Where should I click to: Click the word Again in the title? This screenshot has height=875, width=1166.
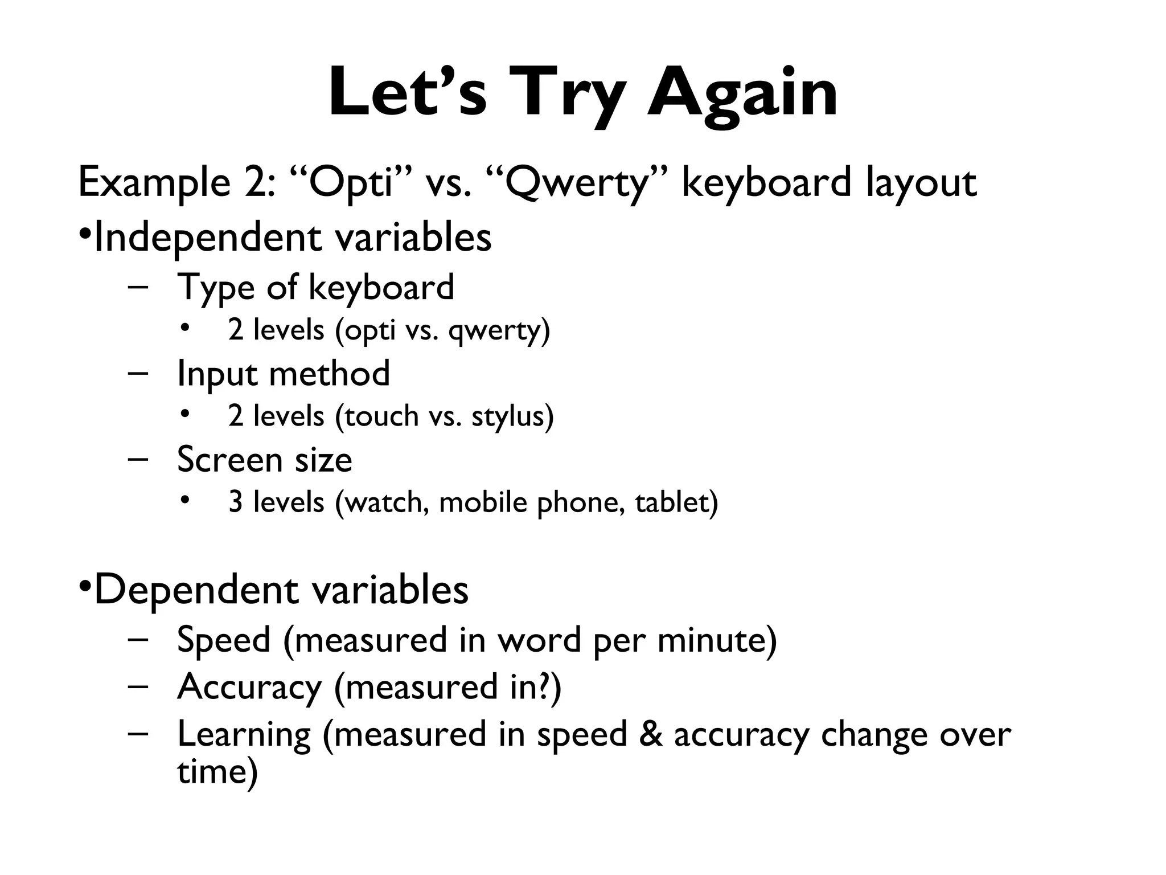pyautogui.click(x=742, y=92)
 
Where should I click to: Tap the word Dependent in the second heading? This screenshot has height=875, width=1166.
pyautogui.click(x=195, y=590)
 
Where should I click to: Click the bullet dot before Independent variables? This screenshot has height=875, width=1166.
pyautogui.click(x=84, y=234)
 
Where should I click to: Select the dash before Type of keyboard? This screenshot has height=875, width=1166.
pyautogui.click(x=138, y=286)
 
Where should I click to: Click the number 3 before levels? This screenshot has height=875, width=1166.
pyautogui.click(x=235, y=502)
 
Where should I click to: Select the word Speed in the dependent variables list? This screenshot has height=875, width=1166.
pyautogui.click(x=224, y=640)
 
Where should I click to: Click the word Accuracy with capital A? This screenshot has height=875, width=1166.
pyautogui.click(x=249, y=688)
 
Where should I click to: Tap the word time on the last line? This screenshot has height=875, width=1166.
pyautogui.click(x=211, y=772)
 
